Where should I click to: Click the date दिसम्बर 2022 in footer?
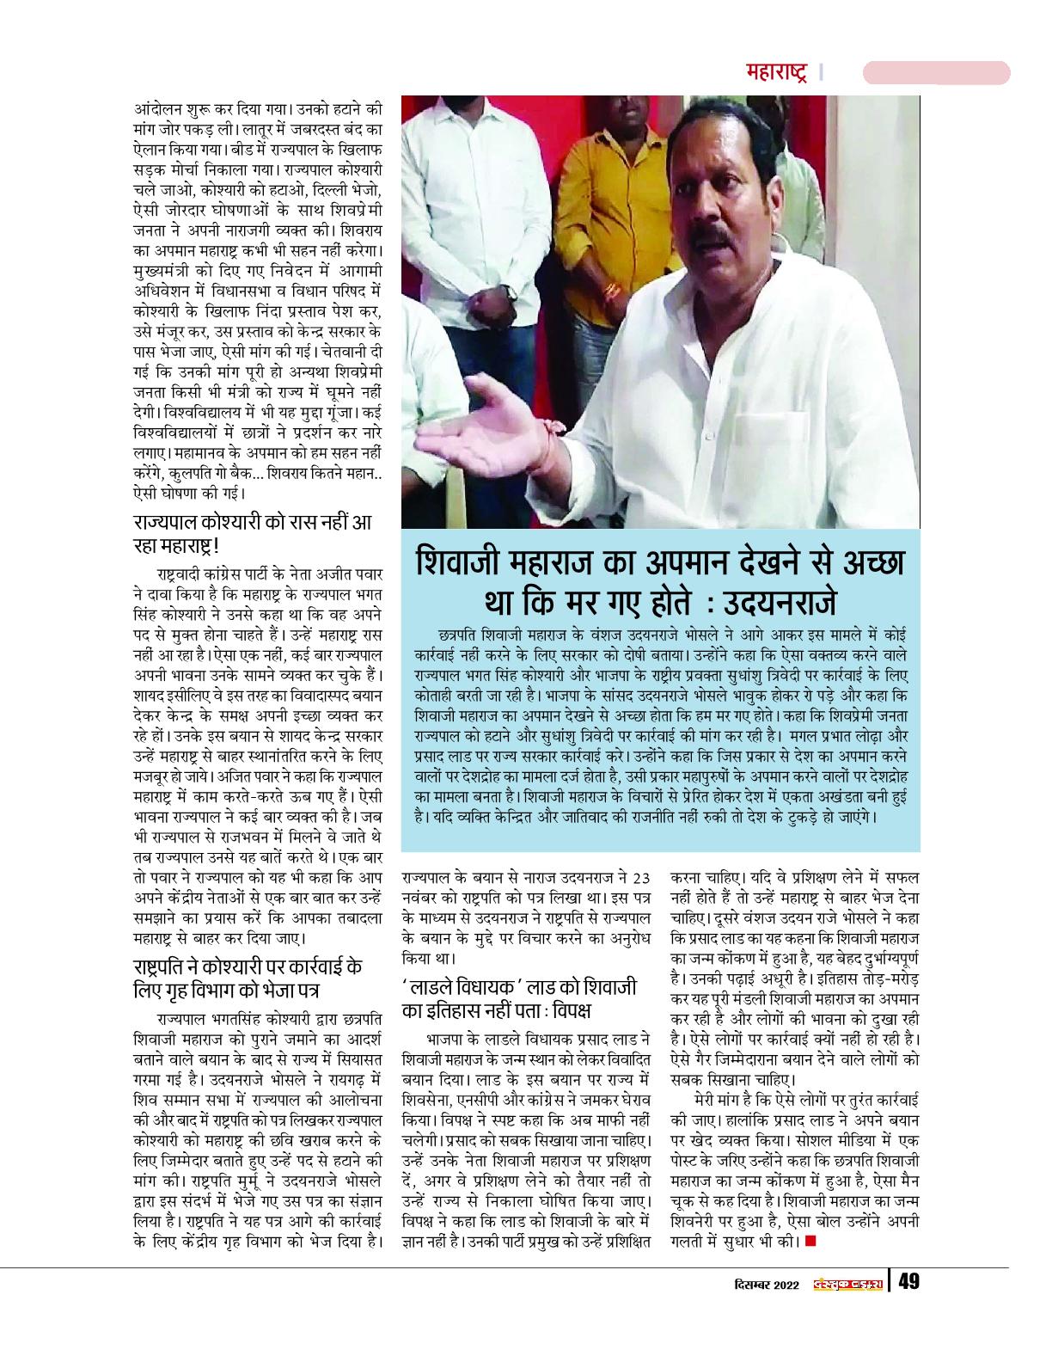[761, 1283]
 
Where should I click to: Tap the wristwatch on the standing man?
[511, 292]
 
